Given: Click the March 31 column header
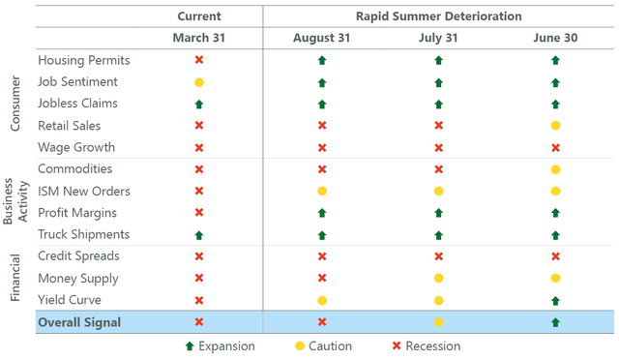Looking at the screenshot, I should pyautogui.click(x=198, y=38).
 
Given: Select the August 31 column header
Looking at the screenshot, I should pyautogui.click(x=322, y=38).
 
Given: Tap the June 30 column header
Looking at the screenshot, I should pyautogui.click(x=556, y=38).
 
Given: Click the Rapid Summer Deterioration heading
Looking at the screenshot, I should pyautogui.click(x=440, y=15).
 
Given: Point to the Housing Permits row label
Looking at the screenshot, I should pyautogui.click(x=83, y=60).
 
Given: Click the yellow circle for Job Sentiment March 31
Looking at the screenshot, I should pyautogui.click(x=199, y=82).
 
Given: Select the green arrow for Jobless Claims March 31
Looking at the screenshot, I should pyautogui.click(x=199, y=104).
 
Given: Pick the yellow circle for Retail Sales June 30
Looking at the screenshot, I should pyautogui.click(x=555, y=126).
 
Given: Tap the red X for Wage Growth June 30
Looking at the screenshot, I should pyautogui.click(x=555, y=148).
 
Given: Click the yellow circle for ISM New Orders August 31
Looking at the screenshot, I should pyautogui.click(x=322, y=192).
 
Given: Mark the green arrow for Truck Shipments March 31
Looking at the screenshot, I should pyautogui.click(x=199, y=234).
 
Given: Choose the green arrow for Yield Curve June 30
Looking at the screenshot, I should pyautogui.click(x=555, y=300).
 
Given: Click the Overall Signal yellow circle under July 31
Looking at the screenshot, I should pyautogui.click(x=439, y=322).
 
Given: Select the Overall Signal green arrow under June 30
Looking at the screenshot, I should pyautogui.click(x=555, y=322).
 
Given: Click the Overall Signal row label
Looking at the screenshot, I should pyautogui.click(x=79, y=322).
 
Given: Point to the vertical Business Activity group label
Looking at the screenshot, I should pyautogui.click(x=16, y=201).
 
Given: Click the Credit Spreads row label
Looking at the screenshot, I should pyautogui.click(x=78, y=256).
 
